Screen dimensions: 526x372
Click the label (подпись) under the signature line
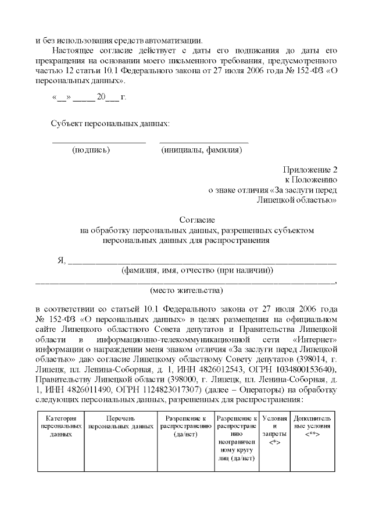91,150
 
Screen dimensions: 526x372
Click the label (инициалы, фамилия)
201,150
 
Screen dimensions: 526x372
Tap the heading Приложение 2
310,170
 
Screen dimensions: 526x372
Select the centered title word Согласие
197,220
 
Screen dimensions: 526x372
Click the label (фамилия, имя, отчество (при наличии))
197,270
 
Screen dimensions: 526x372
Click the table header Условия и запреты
274,430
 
